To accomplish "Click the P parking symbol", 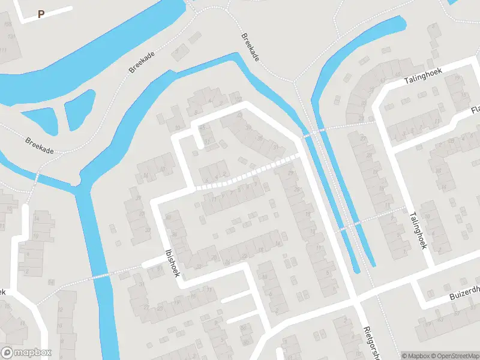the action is [41, 14].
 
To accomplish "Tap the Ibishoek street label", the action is [172, 263].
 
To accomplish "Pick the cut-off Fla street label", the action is [475, 110].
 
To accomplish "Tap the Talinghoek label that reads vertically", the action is [418, 230].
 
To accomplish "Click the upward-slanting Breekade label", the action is [142, 62].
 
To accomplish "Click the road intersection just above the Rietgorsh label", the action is [354, 298].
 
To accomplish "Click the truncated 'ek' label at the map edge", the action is [2, 292].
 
